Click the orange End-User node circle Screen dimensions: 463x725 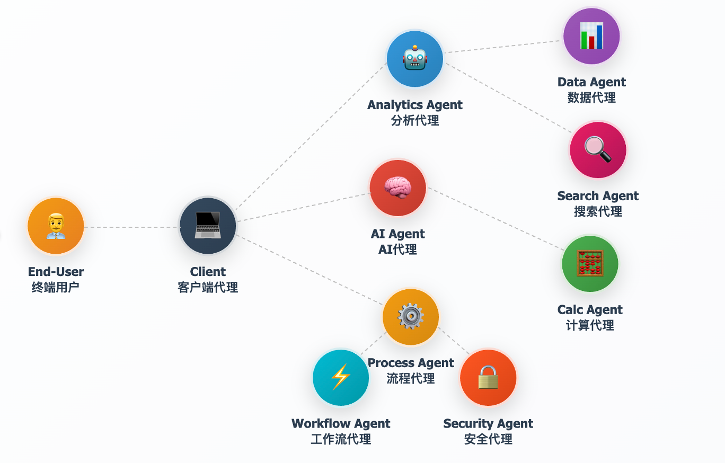56,226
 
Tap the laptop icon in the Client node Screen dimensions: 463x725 208,226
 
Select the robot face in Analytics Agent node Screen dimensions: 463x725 415,58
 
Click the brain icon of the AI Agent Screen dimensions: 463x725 398,188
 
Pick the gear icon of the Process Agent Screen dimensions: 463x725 411,316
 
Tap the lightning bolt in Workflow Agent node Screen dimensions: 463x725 340,377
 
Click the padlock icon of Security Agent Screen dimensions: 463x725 488,377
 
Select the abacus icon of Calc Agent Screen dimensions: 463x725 590,263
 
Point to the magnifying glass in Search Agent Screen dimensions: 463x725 598,149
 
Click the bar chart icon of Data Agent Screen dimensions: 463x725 591,36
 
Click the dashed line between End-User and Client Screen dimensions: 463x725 131,227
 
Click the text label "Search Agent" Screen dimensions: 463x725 598,196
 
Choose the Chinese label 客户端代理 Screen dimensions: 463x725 208,288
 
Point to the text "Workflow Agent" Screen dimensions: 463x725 341,424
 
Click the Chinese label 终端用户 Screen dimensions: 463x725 56,288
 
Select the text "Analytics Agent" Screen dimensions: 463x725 415,105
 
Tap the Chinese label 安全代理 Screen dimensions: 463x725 488,439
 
